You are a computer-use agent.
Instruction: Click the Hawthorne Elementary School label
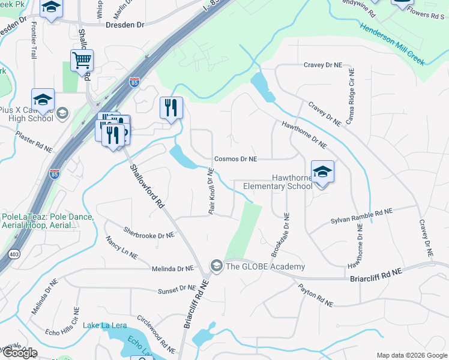click(277, 182)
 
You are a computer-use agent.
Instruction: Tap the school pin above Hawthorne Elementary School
click(322, 172)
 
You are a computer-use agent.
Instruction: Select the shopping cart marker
click(82, 60)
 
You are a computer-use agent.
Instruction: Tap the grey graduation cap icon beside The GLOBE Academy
click(215, 265)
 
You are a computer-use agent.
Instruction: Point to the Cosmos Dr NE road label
click(236, 159)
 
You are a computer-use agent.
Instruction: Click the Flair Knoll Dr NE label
click(211, 191)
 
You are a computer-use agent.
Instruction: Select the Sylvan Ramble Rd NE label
click(361, 217)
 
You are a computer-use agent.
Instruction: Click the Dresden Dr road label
click(125, 25)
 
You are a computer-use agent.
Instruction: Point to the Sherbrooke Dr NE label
click(148, 232)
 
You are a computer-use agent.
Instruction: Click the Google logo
click(19, 352)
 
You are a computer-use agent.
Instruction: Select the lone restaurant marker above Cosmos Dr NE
click(171, 108)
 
